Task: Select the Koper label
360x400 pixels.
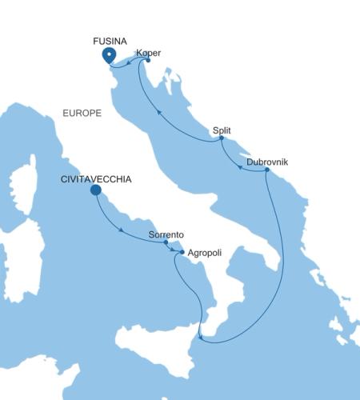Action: tap(149, 53)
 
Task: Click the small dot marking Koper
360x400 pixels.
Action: tap(148, 60)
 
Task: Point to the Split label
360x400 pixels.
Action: tap(222, 130)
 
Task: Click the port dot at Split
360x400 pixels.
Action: tap(222, 138)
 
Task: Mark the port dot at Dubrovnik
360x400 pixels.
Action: tap(266, 170)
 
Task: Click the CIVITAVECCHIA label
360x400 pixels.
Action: tap(95, 179)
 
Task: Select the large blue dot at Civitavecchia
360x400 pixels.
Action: tap(96, 190)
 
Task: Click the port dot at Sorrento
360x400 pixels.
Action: tap(166, 242)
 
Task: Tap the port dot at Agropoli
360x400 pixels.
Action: tap(182, 253)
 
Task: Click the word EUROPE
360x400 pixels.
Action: tap(82, 114)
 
